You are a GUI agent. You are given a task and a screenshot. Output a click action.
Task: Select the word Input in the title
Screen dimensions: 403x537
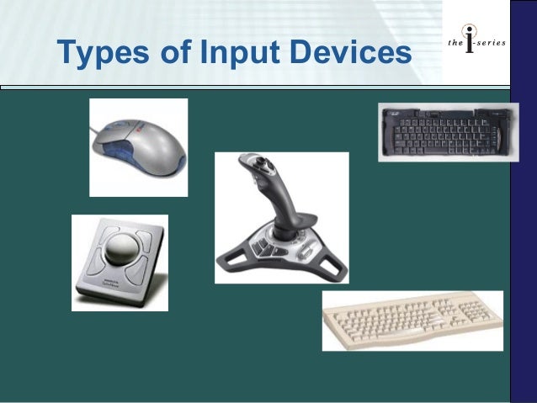click(232, 52)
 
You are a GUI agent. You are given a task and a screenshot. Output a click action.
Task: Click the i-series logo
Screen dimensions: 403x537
click(475, 43)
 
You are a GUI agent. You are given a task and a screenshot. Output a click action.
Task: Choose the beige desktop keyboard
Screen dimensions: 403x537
click(412, 321)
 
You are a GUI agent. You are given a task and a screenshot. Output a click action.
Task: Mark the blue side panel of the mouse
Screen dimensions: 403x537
click(126, 156)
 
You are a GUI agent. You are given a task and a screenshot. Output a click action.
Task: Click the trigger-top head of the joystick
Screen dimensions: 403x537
click(252, 162)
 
